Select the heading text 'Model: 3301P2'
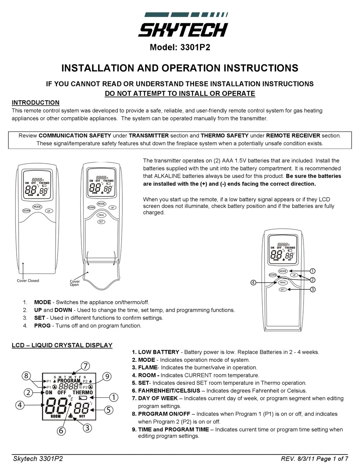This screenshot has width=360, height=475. click(180, 47)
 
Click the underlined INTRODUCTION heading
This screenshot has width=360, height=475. click(36, 102)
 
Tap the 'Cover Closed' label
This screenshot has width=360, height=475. click(28, 281)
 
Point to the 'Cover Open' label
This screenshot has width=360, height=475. click(75, 283)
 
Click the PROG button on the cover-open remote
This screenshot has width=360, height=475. click(101, 215)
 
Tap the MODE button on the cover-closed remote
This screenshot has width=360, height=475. click(37, 206)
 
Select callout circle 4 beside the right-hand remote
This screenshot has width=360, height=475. click(253, 282)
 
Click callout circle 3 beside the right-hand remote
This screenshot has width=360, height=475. click(313, 289)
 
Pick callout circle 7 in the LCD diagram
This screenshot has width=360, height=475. click(86, 366)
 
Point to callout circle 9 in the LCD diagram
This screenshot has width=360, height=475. click(107, 376)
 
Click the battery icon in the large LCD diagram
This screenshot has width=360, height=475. click(82, 398)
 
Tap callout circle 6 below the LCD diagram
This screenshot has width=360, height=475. click(61, 431)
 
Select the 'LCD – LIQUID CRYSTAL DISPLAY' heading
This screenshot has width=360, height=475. click(62, 345)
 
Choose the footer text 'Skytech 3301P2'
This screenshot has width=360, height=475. click(38, 459)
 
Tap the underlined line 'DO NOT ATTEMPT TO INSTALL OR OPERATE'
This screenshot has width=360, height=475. click(180, 94)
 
